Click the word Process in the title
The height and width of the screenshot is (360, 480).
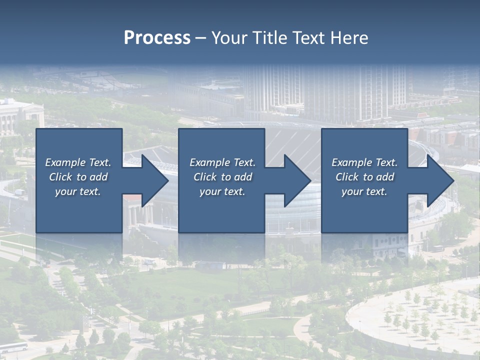(x=157, y=38)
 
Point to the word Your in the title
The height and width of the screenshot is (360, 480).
(x=229, y=38)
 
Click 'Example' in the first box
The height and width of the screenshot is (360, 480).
(x=65, y=162)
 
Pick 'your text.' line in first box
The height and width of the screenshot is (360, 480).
(x=78, y=191)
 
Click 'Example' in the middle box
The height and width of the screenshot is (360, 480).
(x=210, y=162)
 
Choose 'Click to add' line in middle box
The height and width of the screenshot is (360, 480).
(x=222, y=177)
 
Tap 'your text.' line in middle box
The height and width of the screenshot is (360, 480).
(x=222, y=191)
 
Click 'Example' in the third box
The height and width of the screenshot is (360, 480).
(x=352, y=162)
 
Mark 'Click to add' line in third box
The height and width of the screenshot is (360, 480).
(x=364, y=177)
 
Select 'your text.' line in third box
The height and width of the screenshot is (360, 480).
(x=364, y=191)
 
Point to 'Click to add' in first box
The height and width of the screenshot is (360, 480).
(x=78, y=177)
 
